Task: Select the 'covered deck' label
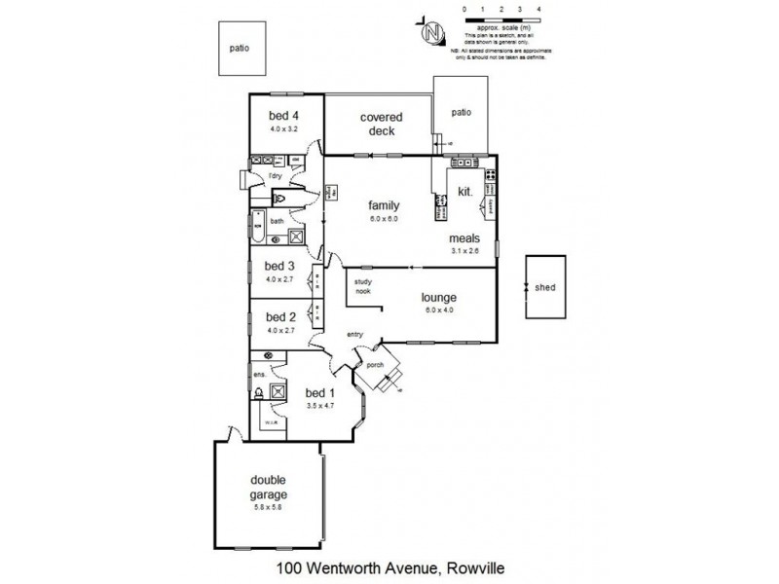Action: pyautogui.click(x=381, y=124)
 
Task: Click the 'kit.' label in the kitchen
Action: pyautogui.click(x=464, y=192)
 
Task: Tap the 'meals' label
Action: pyautogui.click(x=463, y=237)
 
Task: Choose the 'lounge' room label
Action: pyautogui.click(x=438, y=298)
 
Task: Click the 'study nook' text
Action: pyautogui.click(x=362, y=286)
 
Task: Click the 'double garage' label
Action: pyautogui.click(x=269, y=486)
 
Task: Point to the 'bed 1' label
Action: pyautogui.click(x=319, y=393)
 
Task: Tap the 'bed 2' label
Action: pyautogui.click(x=279, y=316)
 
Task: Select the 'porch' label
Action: pyautogui.click(x=376, y=366)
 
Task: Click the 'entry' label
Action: pyautogui.click(x=354, y=335)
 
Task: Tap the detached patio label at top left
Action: pyautogui.click(x=240, y=47)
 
